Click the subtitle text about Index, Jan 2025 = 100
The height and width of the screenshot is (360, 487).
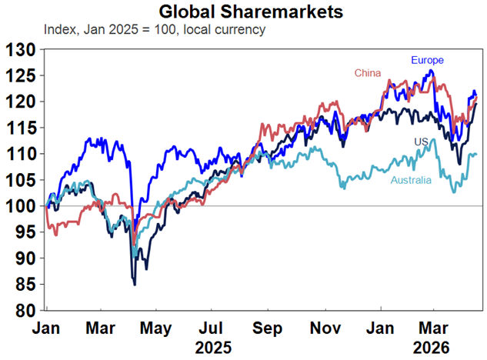[155, 30]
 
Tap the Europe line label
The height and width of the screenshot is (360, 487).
[427, 60]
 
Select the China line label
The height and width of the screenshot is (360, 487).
[369, 73]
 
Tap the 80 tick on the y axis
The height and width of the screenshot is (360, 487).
[24, 311]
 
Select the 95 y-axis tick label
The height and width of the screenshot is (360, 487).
[24, 232]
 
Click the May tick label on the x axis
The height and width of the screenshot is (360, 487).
[156, 326]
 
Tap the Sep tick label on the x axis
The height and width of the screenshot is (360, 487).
[269, 326]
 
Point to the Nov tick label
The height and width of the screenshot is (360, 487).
[325, 326]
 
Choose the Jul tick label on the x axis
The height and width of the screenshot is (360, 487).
[212, 326]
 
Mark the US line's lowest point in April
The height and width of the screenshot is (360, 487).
[135, 285]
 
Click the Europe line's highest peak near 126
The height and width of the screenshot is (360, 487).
[432, 71]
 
